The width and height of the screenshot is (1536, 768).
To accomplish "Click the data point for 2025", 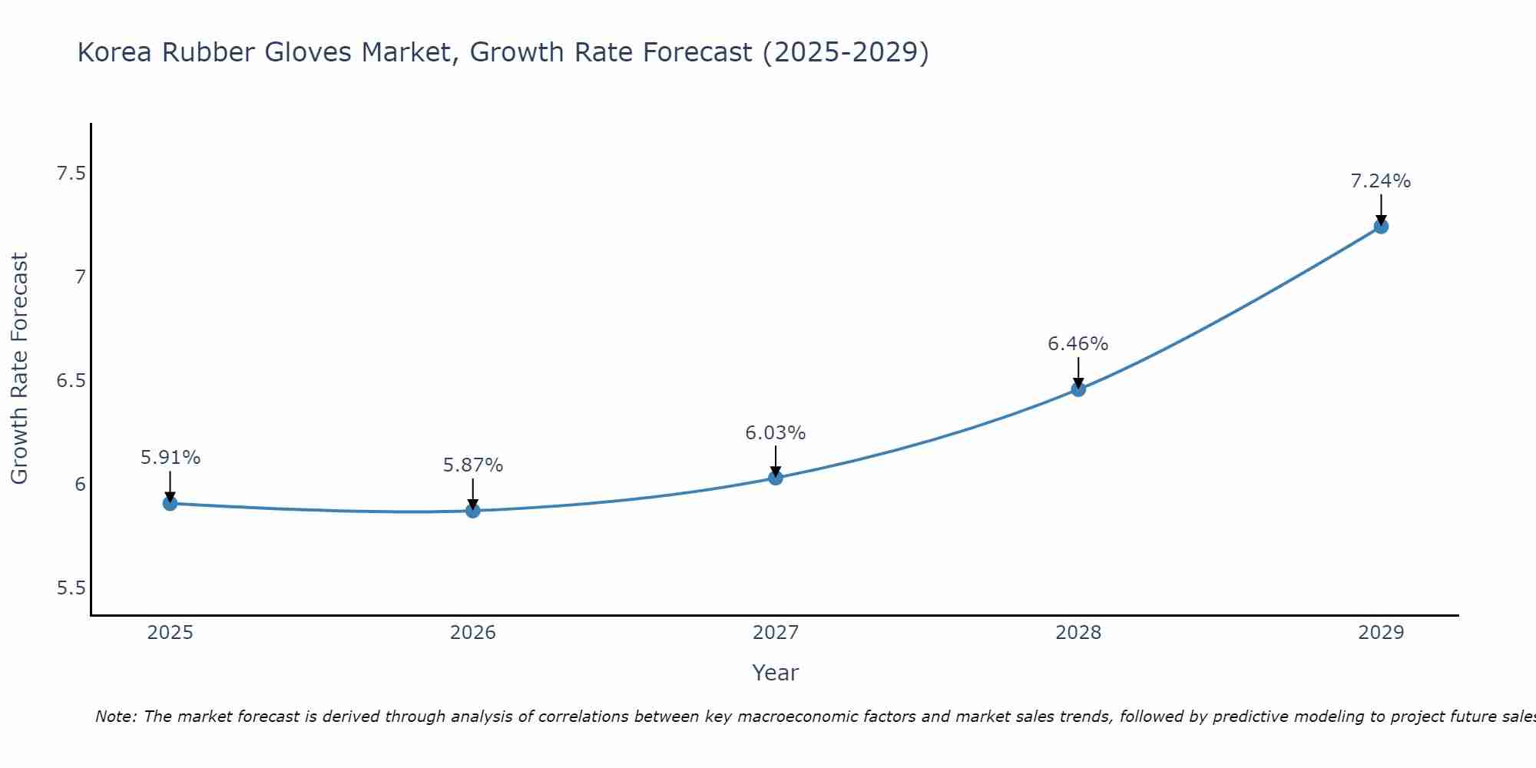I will click(x=170, y=503).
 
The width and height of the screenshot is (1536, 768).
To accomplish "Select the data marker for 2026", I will click(x=472, y=510).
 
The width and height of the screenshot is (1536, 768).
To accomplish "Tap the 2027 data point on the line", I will click(x=775, y=478).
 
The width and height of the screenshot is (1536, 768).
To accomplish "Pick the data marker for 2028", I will click(x=1078, y=389).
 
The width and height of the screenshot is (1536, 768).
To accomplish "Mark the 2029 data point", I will click(x=1380, y=226).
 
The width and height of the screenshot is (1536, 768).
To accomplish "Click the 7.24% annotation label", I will click(x=1380, y=181).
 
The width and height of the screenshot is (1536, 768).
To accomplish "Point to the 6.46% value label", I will click(x=1078, y=344).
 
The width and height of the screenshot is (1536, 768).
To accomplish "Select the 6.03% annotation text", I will click(x=775, y=433).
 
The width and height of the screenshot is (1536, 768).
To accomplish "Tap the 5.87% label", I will click(x=472, y=465).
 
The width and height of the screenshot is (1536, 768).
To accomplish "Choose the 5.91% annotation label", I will click(x=170, y=458).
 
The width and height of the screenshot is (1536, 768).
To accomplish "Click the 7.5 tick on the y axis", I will click(x=71, y=174).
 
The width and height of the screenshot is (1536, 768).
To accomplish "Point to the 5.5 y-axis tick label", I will click(x=71, y=588).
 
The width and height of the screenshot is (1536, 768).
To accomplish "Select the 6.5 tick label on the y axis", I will click(x=71, y=381).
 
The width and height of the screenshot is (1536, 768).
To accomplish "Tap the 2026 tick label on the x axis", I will click(x=472, y=633).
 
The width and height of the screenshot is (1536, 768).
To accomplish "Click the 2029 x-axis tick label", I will click(x=1380, y=633).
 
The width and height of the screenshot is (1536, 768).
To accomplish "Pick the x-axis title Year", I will click(x=775, y=673).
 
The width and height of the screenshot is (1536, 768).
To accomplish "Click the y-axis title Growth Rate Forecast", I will click(x=19, y=369).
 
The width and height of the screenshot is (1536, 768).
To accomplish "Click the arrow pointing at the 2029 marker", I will click(x=1380, y=209).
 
